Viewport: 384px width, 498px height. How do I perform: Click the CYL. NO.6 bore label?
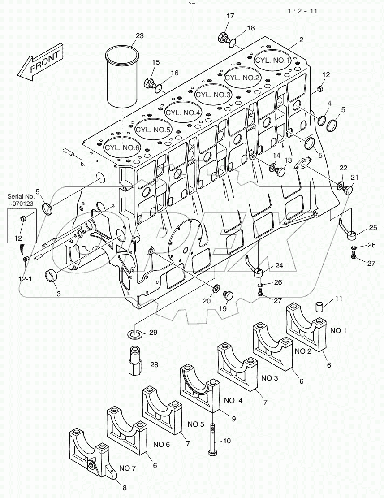(x=122, y=147)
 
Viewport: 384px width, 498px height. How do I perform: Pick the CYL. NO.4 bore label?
(x=183, y=112)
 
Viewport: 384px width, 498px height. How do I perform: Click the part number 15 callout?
(x=155, y=62)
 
